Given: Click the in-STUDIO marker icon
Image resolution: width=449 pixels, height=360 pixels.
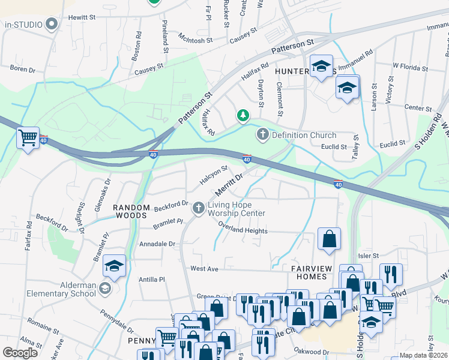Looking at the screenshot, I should pyautogui.click(x=52, y=24).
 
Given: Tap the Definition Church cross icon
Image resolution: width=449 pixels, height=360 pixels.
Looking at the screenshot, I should pyautogui.click(x=262, y=135).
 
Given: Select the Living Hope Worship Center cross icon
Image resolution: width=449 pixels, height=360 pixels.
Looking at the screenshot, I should pyautogui.click(x=199, y=208).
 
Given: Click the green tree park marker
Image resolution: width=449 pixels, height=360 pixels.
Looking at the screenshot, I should pyautogui.click(x=243, y=114).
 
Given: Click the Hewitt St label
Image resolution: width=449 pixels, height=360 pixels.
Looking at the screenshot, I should pyautogui.click(x=82, y=19).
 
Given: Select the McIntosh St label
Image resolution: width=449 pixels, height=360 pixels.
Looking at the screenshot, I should pyautogui.click(x=195, y=40).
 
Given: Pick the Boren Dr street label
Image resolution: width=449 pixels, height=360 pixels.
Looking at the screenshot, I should pyautogui.click(x=23, y=69).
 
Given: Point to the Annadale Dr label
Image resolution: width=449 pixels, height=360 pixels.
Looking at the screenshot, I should pyautogui.click(x=157, y=244).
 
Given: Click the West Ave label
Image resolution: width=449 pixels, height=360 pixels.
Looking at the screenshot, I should pyautogui.click(x=204, y=269).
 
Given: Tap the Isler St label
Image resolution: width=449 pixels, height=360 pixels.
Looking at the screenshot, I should pyautogui.click(x=369, y=256).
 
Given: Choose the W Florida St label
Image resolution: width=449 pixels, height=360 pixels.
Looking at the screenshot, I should pyautogui.click(x=410, y=67).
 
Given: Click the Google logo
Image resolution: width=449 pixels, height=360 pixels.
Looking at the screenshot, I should pyautogui.click(x=20, y=353).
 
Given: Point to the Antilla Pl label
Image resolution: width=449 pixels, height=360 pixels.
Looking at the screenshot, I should pyautogui.click(x=152, y=279).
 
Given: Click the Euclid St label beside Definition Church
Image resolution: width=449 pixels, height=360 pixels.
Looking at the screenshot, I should pyautogui.click(x=336, y=146).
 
